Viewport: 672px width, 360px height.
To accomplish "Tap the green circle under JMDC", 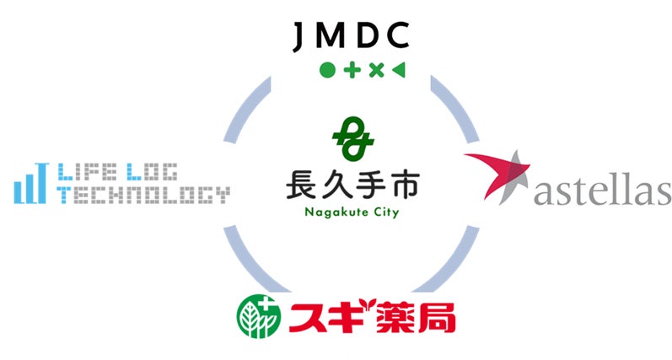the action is point(327,70).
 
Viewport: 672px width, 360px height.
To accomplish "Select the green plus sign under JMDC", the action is point(352,70).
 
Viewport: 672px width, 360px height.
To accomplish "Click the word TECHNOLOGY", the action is point(143,196).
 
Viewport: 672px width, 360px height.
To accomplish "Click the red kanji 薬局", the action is point(418,315).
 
